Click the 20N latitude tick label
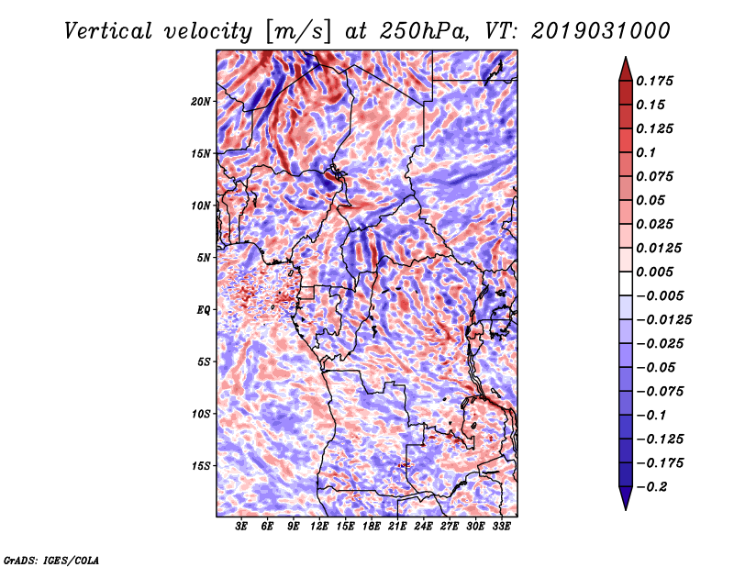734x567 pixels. click(x=201, y=101)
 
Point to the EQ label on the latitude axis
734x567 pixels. click(x=204, y=310)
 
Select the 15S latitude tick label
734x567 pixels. click(x=201, y=466)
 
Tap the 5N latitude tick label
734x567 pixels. click(x=204, y=258)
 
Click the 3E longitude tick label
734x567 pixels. click(x=242, y=527)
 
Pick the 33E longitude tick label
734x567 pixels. click(x=501, y=527)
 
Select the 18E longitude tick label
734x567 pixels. click(x=372, y=527)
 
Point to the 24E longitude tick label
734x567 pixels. click(x=424, y=527)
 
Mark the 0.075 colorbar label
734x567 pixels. click(x=659, y=176)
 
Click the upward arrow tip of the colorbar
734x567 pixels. click(x=625, y=61)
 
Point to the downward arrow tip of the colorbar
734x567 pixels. click(x=625, y=507)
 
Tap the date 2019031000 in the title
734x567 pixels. click(x=588, y=31)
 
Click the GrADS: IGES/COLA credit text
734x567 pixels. click(x=50, y=559)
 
